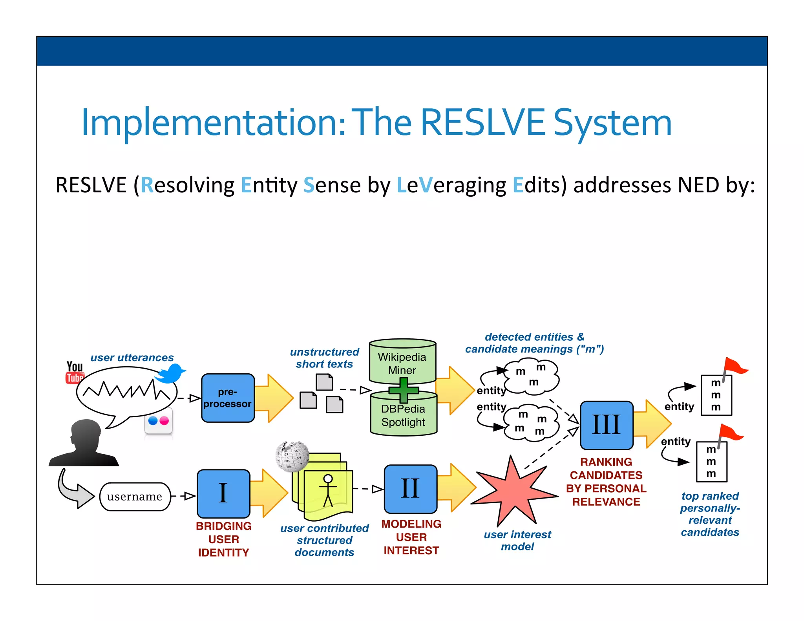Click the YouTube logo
75,372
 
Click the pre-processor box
228,398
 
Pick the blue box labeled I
223,493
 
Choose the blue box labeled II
410,489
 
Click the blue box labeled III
606,425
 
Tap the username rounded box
135,497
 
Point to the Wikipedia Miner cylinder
402,361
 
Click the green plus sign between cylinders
404,390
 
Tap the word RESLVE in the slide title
482,122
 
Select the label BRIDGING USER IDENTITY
223,539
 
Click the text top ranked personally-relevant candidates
710,514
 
